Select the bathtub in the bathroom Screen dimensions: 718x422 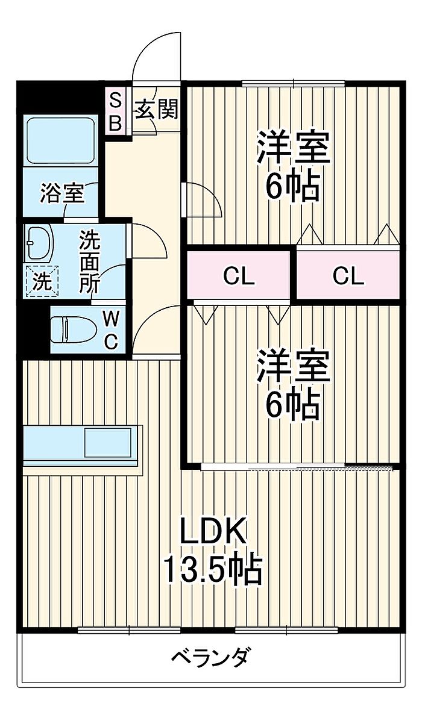[x=60, y=140]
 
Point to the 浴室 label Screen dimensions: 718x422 [x=61, y=195]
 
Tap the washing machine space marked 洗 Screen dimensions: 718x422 [x=42, y=281]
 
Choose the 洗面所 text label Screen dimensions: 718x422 [x=90, y=262]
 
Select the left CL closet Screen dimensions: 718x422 [x=239, y=276]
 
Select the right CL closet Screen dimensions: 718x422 [x=348, y=276]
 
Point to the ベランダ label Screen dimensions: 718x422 [x=209, y=657]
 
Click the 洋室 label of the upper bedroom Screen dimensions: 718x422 [x=294, y=147]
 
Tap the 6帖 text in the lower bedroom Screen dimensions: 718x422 [x=293, y=407]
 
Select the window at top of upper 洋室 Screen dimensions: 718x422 [x=294, y=83]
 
